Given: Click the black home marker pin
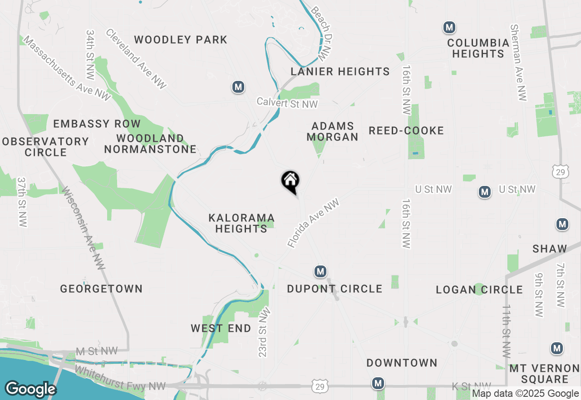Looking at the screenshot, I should tap(290, 181).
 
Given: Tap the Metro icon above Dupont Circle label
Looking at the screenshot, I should tap(320, 272).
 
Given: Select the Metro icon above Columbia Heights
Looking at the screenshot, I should tap(449, 28).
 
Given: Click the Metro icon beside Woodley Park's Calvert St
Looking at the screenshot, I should tap(238, 87).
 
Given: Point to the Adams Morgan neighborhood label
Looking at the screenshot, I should tap(333, 131).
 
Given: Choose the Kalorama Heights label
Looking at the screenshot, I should tap(241, 223).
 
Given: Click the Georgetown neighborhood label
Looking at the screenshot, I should tap(101, 289).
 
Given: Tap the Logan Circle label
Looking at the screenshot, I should tap(479, 290).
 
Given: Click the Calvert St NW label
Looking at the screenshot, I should tap(287, 103).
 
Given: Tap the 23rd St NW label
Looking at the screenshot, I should tap(264, 332).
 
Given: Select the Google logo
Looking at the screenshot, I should tap(30, 389).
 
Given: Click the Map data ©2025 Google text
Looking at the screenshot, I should tap(525, 394).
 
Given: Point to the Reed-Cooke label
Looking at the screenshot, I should tap(406, 131).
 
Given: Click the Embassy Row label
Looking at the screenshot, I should tap(97, 124).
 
